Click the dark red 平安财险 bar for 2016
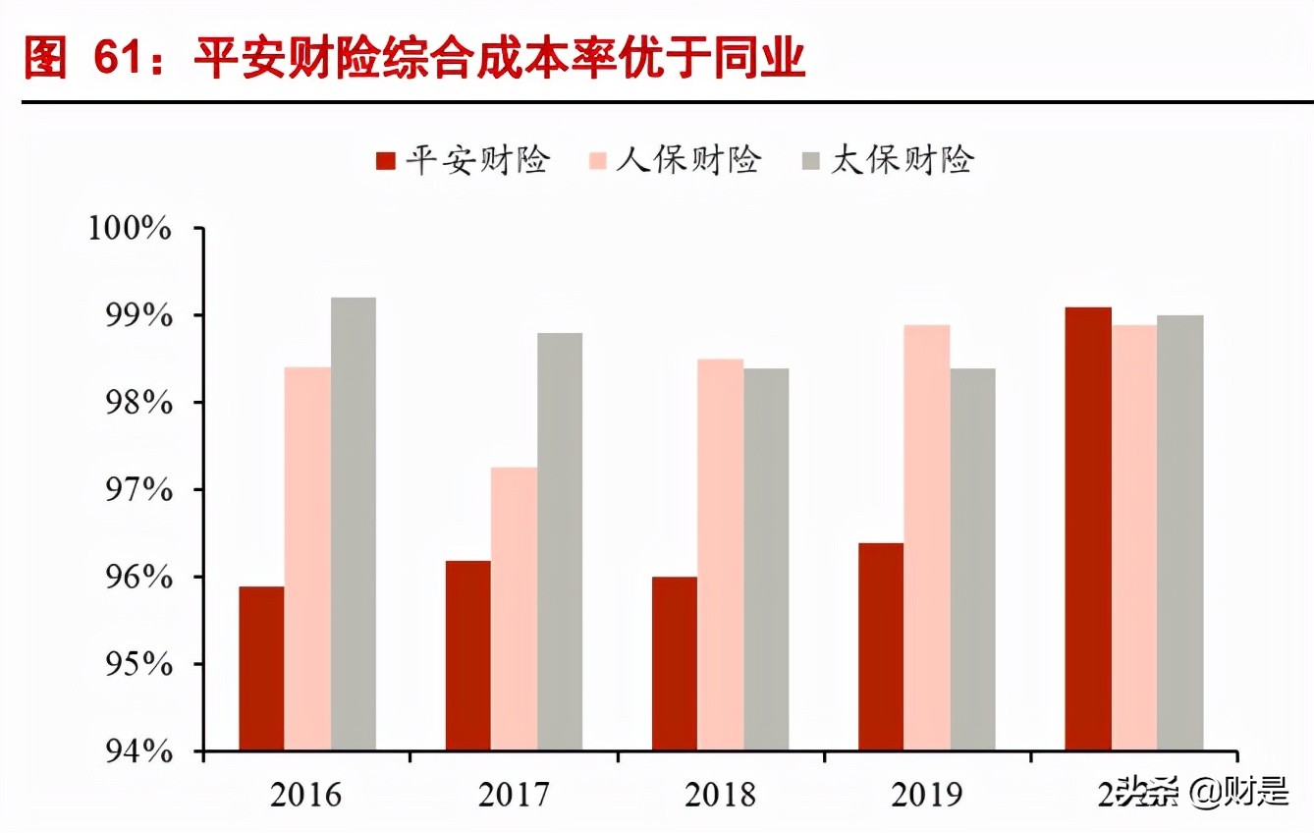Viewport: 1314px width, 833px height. [x=260, y=669]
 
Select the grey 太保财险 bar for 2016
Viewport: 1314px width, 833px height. [x=353, y=525]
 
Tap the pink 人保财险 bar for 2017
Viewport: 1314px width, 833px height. [x=514, y=609]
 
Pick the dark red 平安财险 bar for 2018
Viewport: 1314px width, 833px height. [x=674, y=664]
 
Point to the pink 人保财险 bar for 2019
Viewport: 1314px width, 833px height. [x=926, y=538]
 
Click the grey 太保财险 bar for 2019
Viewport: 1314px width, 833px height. [x=972, y=560]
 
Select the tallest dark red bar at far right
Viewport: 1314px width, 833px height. [x=1087, y=530]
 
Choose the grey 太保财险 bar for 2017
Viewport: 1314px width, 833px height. [x=560, y=542]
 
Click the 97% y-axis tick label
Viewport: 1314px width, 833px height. [x=136, y=490]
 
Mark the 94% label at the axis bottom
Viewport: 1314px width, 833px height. [x=136, y=751]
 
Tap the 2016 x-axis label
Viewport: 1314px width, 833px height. [x=307, y=794]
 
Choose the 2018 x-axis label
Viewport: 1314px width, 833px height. [x=720, y=794]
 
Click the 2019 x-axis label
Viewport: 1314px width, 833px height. [x=927, y=794]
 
